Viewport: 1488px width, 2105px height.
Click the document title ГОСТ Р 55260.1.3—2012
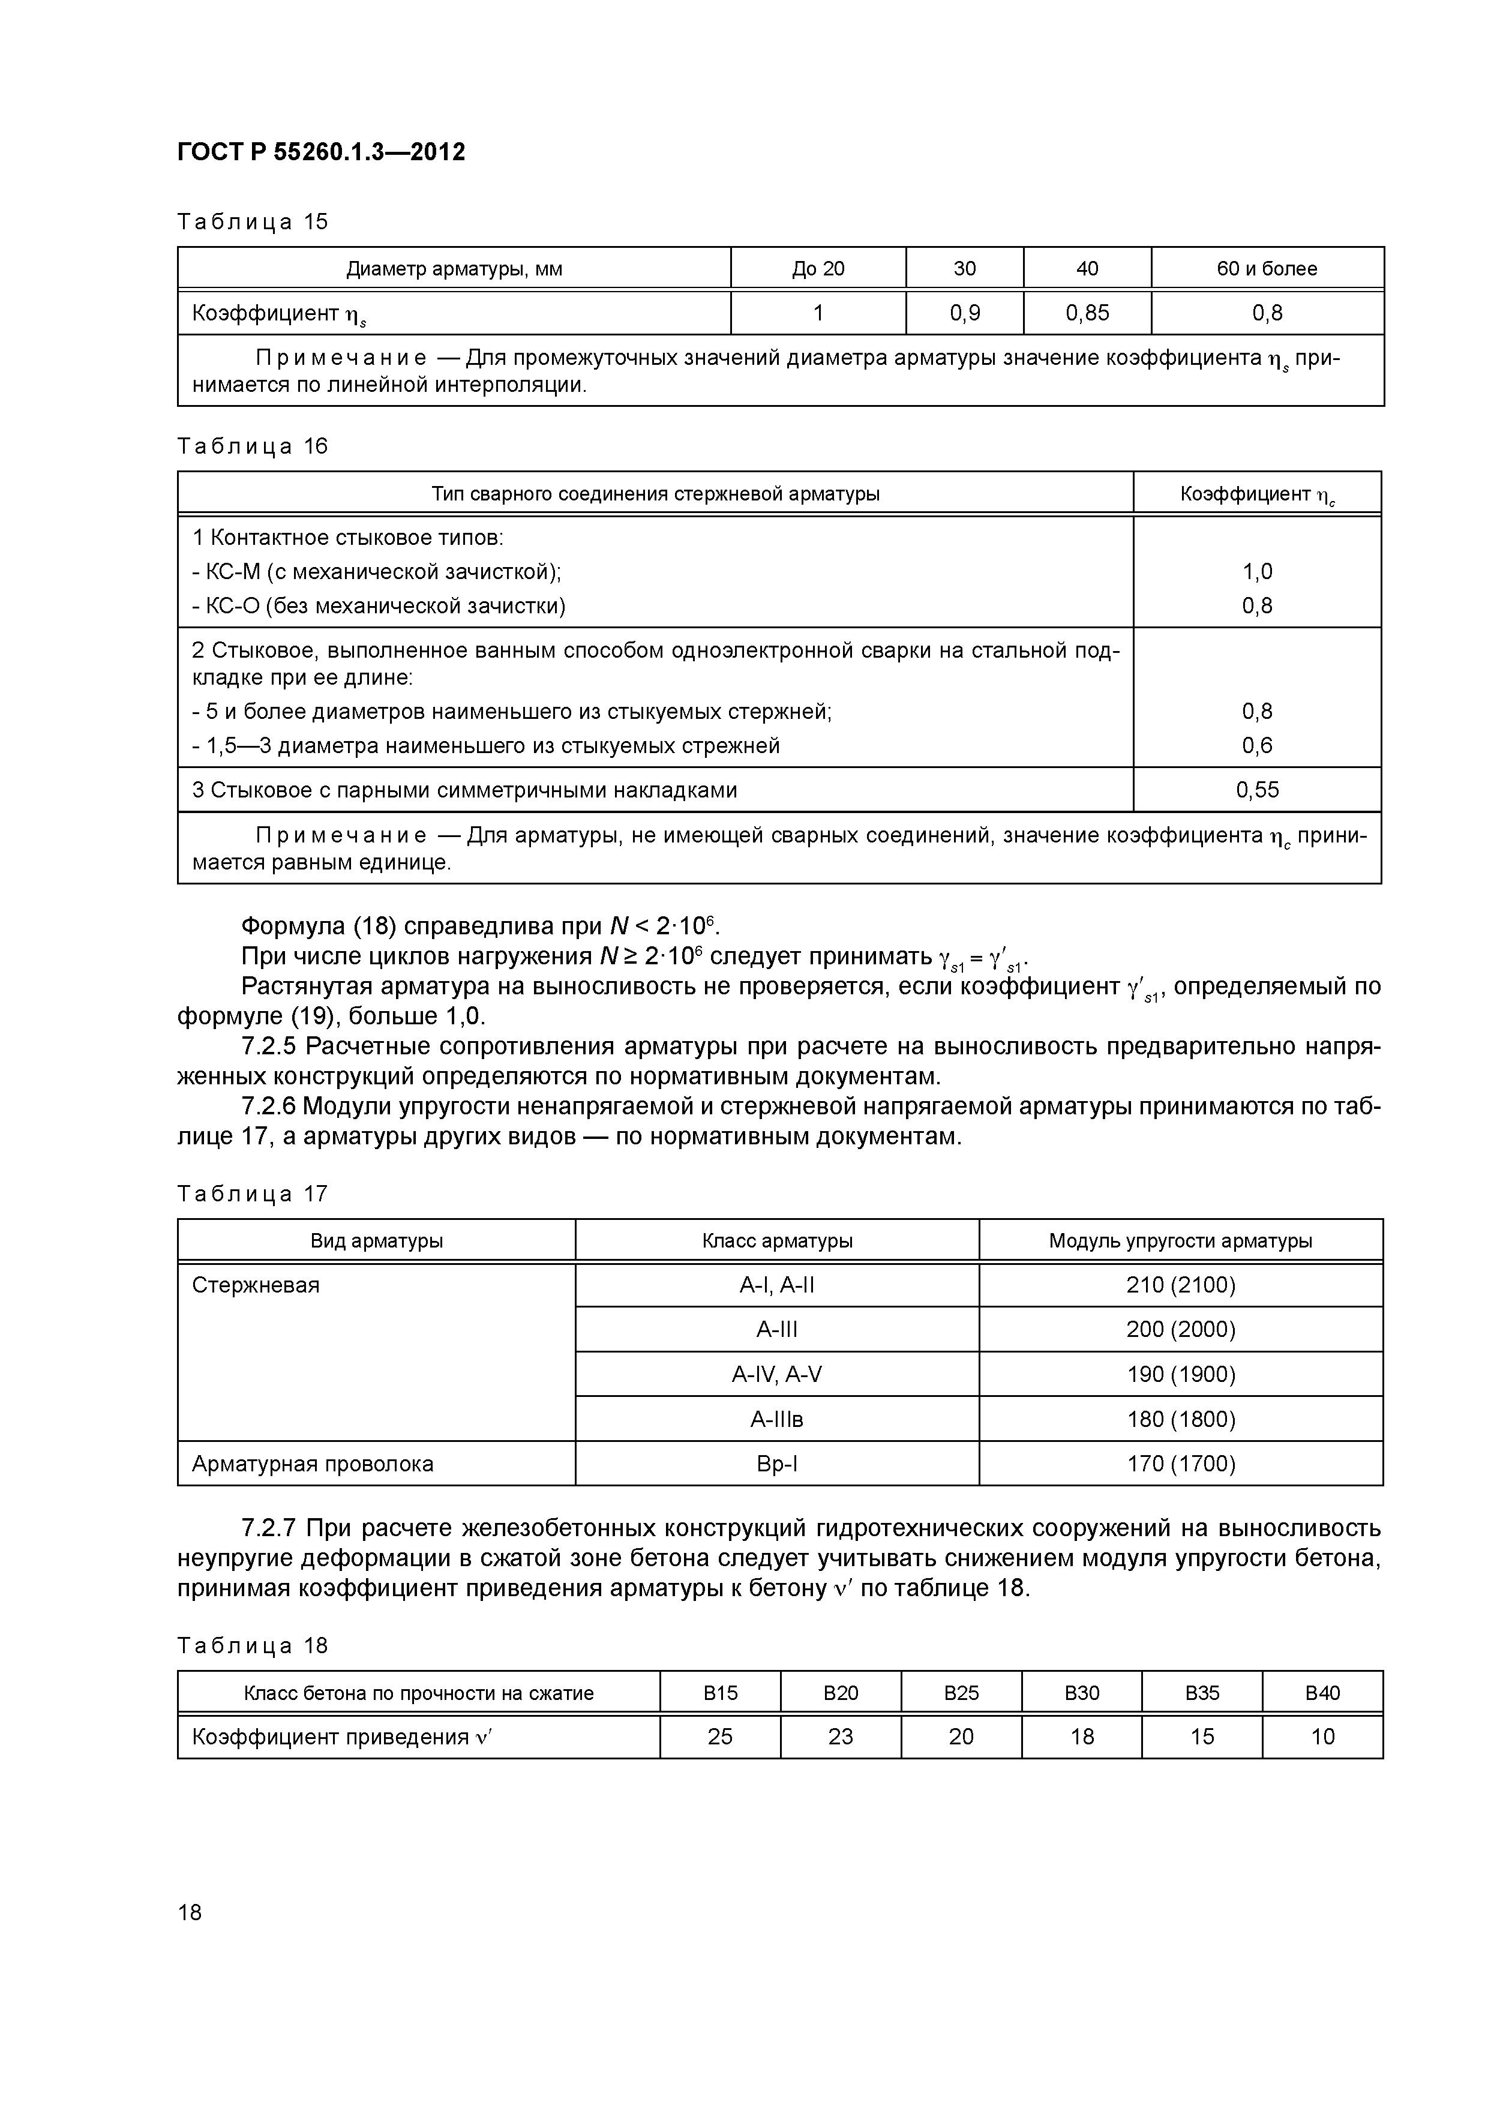point(321,151)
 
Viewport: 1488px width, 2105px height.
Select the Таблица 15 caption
point(252,222)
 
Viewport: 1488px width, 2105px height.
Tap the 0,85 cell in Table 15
point(1087,314)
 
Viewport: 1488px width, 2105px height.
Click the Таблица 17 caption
point(252,1194)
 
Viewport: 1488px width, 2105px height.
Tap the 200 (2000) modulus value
point(1180,1329)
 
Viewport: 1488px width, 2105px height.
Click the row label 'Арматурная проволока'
point(312,1464)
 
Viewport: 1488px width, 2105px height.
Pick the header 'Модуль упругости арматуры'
point(1180,1242)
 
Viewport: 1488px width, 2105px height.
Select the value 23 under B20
point(840,1737)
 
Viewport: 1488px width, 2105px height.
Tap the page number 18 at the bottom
point(190,1912)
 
